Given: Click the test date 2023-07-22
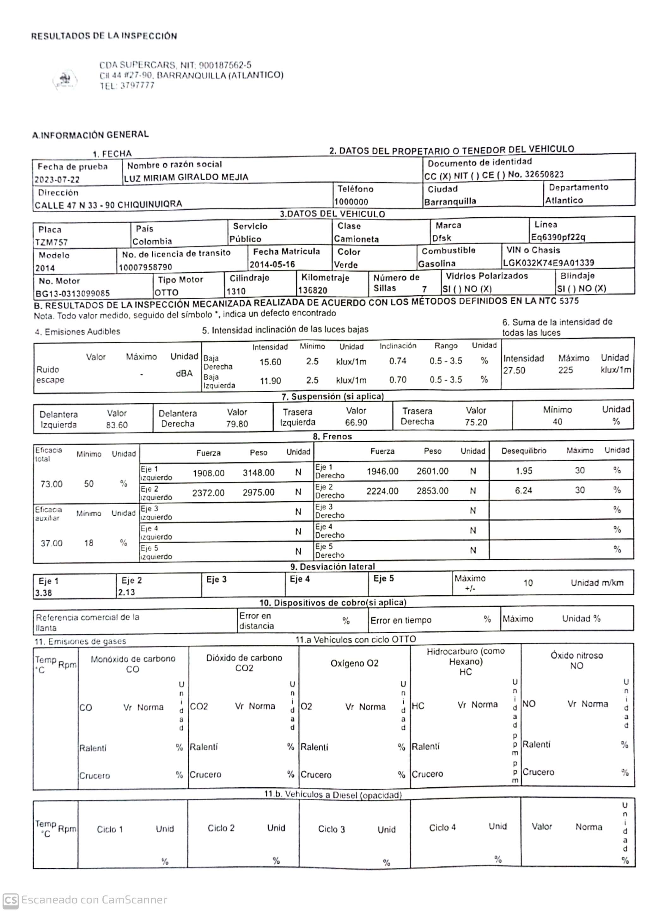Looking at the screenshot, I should point(57,180).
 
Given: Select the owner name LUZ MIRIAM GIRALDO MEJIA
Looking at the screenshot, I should point(186,177).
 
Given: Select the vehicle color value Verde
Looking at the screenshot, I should point(345,265).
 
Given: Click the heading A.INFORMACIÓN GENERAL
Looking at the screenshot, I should point(91,134).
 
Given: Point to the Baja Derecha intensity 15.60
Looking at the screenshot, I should point(270,362).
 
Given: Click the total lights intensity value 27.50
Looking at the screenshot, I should point(514,370).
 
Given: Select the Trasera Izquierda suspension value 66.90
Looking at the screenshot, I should point(356,423).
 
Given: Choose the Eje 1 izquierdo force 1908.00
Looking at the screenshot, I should point(208,473).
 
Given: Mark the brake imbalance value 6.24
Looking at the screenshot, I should point(523,491).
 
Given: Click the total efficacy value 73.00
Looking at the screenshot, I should point(52,484).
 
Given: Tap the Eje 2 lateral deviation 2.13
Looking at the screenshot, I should point(126,592).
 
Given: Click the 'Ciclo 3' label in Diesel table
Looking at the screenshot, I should point(331,829).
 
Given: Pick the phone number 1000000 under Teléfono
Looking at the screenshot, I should point(351,202).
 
